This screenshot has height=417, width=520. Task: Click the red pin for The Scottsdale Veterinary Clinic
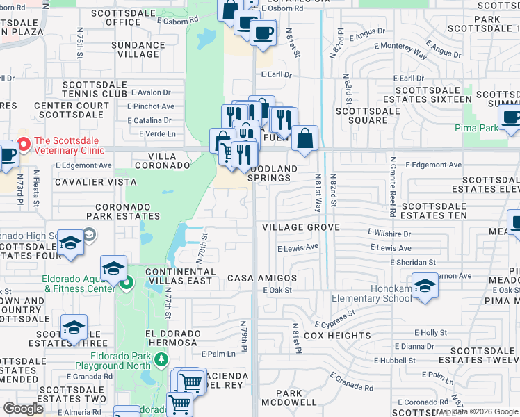click(x=24, y=145)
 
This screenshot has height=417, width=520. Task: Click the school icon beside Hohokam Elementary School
click(x=424, y=286)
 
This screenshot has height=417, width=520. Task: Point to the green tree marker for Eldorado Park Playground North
click(x=161, y=359)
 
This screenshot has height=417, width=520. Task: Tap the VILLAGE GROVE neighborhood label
click(x=300, y=227)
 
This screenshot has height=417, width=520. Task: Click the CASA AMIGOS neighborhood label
click(x=262, y=278)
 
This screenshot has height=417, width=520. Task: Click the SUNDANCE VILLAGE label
click(x=138, y=50)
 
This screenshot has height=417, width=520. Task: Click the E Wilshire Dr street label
click(x=389, y=234)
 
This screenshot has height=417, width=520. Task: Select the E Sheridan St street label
click(x=412, y=262)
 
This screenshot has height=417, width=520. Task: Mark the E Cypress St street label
click(x=334, y=319)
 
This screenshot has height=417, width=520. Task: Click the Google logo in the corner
click(x=23, y=409)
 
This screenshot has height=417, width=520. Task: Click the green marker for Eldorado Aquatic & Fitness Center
click(x=126, y=283)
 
